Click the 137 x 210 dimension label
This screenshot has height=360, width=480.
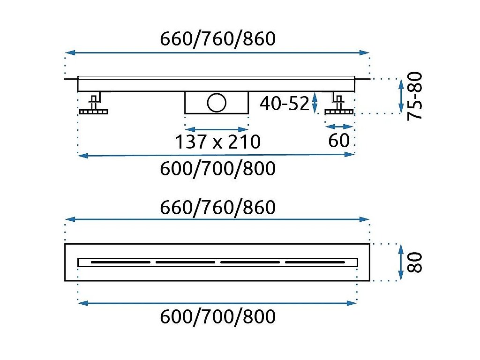point(217,141)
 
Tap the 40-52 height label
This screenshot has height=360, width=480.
point(285,104)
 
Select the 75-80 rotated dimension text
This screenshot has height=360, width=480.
point(415,96)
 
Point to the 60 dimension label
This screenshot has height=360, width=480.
point(339,140)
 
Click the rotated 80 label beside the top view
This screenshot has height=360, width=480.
point(415,262)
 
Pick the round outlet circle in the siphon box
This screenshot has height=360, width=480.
point(217,103)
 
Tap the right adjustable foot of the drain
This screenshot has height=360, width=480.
point(338,105)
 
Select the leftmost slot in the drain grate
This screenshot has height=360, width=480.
point(120,262)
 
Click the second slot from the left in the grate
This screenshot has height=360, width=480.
point(185,262)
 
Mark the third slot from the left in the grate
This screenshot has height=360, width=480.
point(250,262)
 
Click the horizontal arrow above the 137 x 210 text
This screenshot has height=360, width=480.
point(217,129)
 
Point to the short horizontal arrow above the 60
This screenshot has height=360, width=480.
point(339,127)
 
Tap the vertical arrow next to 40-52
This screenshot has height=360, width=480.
point(315,102)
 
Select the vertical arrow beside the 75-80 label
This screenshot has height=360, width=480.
point(401,96)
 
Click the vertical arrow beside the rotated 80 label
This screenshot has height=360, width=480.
point(401,262)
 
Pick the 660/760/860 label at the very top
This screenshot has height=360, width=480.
point(217,39)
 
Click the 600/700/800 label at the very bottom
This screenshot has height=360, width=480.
point(217,317)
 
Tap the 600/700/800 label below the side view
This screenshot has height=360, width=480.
point(217,168)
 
